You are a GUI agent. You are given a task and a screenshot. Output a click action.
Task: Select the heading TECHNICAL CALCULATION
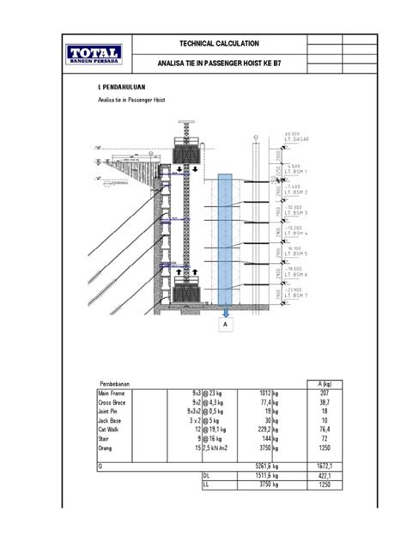click(x=219, y=44)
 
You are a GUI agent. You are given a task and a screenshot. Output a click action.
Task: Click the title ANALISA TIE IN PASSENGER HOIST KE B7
click(x=219, y=64)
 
